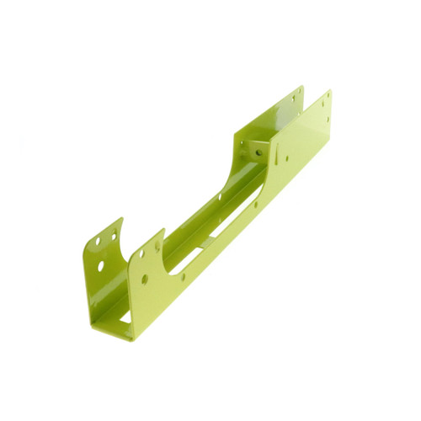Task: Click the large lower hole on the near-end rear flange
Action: [x=101, y=265]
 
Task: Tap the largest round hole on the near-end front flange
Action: [x=144, y=278]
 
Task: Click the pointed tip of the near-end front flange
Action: [x=162, y=229]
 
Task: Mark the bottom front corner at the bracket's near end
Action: [x=131, y=338]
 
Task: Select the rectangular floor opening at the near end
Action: [x=125, y=317]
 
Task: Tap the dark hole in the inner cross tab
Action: [x=258, y=152]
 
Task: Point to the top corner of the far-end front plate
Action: [x=328, y=91]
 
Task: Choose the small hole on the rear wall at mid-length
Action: [x=220, y=197]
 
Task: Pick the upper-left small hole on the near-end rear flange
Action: [x=98, y=241]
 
